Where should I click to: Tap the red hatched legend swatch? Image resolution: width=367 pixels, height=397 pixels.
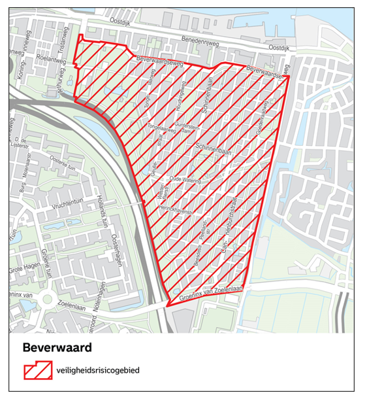[x=37, y=371]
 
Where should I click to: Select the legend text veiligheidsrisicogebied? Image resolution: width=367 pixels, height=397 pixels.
[x=97, y=371]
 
